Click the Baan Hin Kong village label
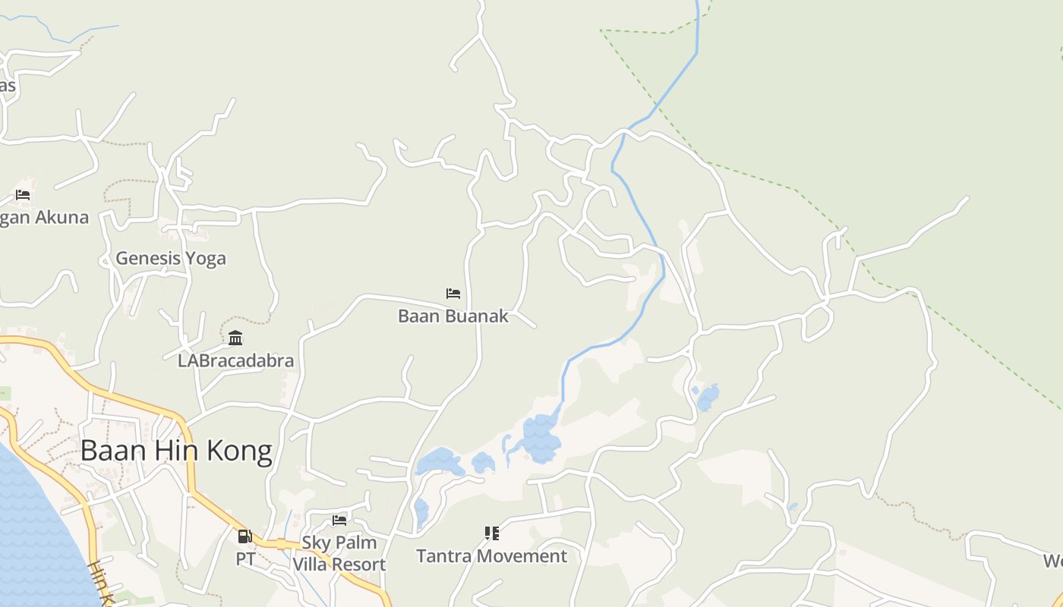click(175, 451)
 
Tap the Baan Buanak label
click(453, 316)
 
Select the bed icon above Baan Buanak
click(453, 294)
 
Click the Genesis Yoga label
click(171, 258)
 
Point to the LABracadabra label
click(235, 360)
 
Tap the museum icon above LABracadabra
click(235, 338)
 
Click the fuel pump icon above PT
click(244, 536)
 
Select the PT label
click(244, 559)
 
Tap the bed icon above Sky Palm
click(339, 521)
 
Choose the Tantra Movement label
click(491, 556)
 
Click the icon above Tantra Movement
click(491, 533)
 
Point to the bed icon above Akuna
click(23, 195)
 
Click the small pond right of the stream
click(708, 397)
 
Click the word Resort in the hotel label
click(360, 565)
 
